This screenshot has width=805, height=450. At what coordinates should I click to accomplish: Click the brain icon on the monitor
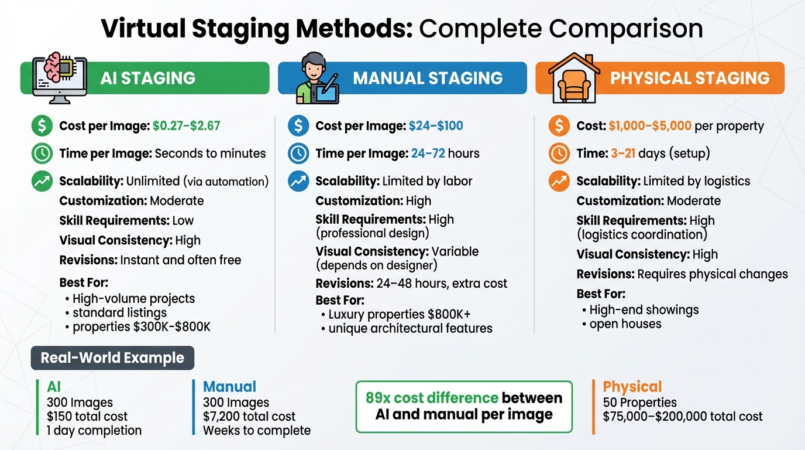click(x=54, y=67)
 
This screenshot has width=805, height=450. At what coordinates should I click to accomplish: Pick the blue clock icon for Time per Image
click(x=298, y=154)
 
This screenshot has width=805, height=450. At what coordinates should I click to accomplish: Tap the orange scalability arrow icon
click(x=559, y=181)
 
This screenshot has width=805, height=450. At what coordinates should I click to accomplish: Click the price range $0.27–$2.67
click(x=186, y=125)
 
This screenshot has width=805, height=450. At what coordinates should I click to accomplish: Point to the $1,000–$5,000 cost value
click(x=650, y=125)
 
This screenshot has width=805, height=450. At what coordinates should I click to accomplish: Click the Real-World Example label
click(x=112, y=358)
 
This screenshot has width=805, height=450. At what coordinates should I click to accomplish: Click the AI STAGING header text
click(x=147, y=79)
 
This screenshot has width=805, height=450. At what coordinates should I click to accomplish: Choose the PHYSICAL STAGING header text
click(x=690, y=79)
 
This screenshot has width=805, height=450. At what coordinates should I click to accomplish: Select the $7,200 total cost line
click(x=249, y=417)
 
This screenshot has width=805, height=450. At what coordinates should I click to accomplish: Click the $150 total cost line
click(x=87, y=417)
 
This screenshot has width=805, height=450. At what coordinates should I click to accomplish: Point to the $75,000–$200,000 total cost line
click(x=683, y=417)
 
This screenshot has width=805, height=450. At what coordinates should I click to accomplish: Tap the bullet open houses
click(x=625, y=324)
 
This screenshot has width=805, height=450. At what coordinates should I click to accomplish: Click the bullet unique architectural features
click(x=410, y=328)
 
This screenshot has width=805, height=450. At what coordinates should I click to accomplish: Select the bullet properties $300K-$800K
click(x=141, y=326)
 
